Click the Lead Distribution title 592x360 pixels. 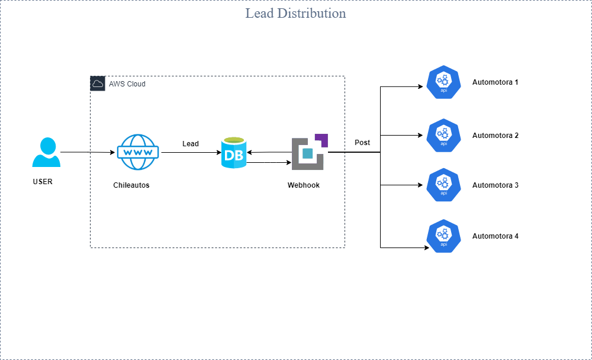(x=295, y=13)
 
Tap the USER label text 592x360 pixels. (x=43, y=182)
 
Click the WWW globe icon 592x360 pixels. (x=137, y=152)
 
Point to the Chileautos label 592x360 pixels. (x=131, y=185)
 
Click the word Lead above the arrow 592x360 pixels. (x=191, y=144)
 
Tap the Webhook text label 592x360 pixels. (x=304, y=185)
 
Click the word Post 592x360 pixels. (x=362, y=143)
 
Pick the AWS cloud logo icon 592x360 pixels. (x=98, y=83)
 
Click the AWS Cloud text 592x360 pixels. (x=127, y=84)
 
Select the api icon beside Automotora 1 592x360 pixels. (x=443, y=83)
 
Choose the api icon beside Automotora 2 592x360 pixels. (x=443, y=136)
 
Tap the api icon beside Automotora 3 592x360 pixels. (x=443, y=185)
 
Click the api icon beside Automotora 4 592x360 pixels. (x=443, y=236)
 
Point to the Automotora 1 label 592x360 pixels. (x=496, y=82)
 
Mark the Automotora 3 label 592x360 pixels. (x=496, y=185)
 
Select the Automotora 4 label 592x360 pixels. (x=496, y=236)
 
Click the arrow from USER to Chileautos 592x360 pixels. (x=88, y=153)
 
